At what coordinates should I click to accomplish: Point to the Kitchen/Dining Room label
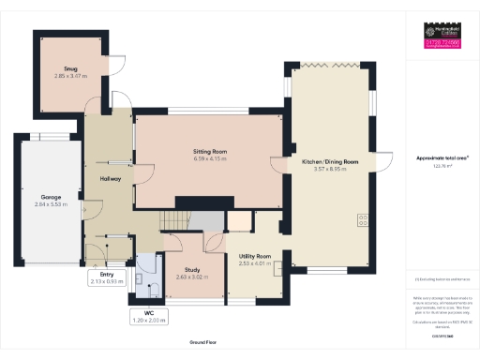(x=329, y=162)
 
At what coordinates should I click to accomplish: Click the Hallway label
(x=110, y=178)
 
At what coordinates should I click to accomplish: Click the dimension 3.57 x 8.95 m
(x=329, y=169)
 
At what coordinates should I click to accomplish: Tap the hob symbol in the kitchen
(x=361, y=221)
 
